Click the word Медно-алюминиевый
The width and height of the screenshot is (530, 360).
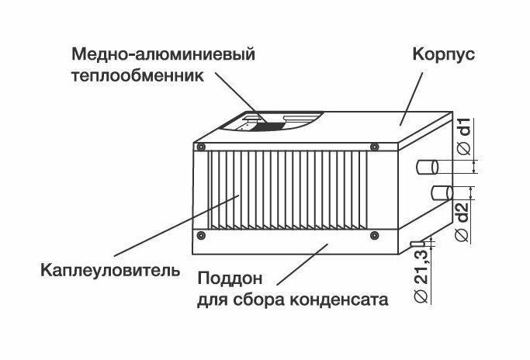pyautogui.click(x=163, y=56)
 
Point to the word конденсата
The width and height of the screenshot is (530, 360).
pyautogui.click(x=342, y=298)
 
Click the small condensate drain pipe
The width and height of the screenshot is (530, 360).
pyautogui.click(x=418, y=244)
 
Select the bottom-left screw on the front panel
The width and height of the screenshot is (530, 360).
pyautogui.click(x=200, y=234)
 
